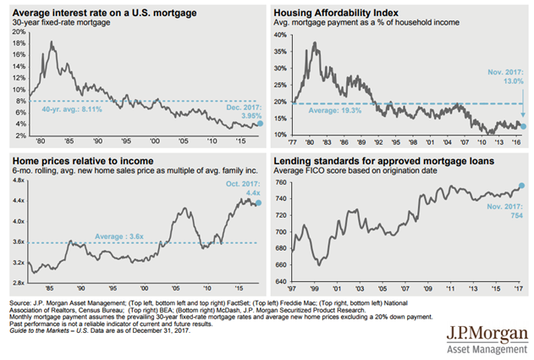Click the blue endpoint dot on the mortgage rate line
click(x=260, y=124)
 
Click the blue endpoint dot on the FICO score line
click(x=522, y=186)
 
